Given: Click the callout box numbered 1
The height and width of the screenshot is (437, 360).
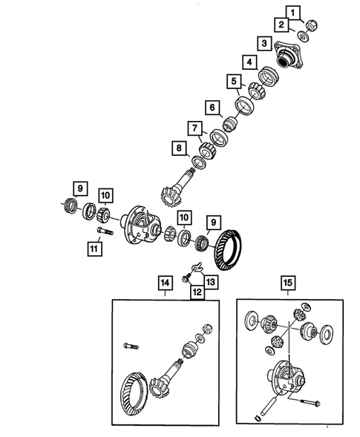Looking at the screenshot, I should [295, 12].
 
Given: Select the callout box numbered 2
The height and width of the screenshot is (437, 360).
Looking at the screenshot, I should [282, 26].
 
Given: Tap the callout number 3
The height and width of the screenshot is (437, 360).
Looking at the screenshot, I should [264, 42].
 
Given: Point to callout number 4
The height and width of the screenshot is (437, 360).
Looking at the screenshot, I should [250, 62].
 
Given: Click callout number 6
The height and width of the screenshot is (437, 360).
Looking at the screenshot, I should [212, 108].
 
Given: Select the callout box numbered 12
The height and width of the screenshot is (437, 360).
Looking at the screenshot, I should [197, 292].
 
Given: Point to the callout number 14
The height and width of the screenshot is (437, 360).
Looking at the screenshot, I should [164, 282].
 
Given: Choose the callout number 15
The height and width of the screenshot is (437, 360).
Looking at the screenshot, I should [287, 282].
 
